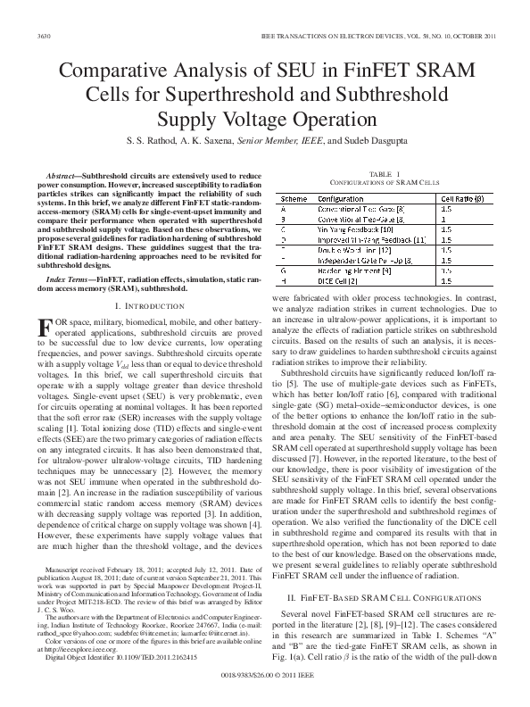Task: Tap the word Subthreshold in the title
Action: (386, 95)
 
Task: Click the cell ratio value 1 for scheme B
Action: (444, 218)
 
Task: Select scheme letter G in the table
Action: (283, 270)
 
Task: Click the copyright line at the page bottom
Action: (265, 690)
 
